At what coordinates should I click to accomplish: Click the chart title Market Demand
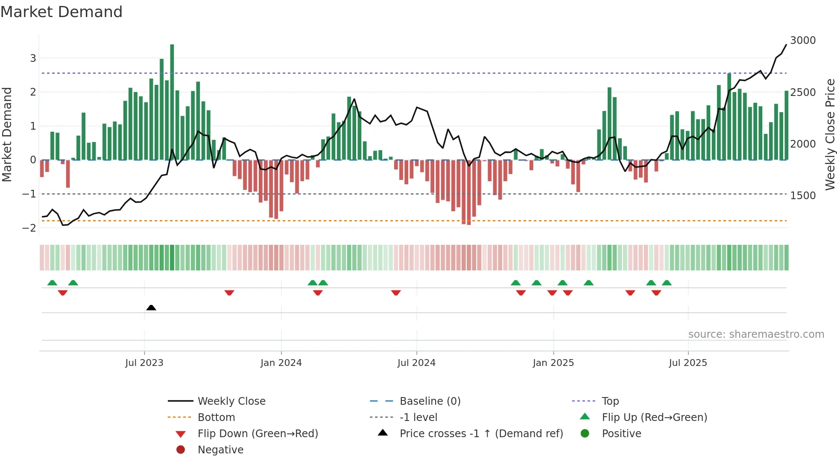[61, 12]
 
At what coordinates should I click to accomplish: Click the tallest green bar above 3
[172, 102]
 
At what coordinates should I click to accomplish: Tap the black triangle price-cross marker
[151, 308]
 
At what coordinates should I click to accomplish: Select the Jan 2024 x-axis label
[281, 363]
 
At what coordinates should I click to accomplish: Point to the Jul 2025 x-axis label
[688, 363]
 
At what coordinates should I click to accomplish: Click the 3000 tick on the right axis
[803, 41]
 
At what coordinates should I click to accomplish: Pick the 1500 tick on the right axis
[803, 196]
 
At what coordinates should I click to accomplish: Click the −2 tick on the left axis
[29, 228]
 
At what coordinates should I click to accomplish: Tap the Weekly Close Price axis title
[830, 134]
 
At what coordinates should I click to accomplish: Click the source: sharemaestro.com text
[756, 334]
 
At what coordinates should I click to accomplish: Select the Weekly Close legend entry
[231, 401]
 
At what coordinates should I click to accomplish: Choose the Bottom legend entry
[216, 418]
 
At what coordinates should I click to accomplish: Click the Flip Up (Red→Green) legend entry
[654, 418]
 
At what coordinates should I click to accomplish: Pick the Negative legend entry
[220, 450]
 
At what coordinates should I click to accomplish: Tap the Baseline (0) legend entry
[430, 401]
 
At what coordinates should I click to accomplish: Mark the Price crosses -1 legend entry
[481, 434]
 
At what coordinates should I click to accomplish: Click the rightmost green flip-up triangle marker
[667, 283]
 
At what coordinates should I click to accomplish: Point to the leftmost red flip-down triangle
[63, 293]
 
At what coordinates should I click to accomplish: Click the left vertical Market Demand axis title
[7, 134]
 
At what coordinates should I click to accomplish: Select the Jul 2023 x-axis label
[144, 363]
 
